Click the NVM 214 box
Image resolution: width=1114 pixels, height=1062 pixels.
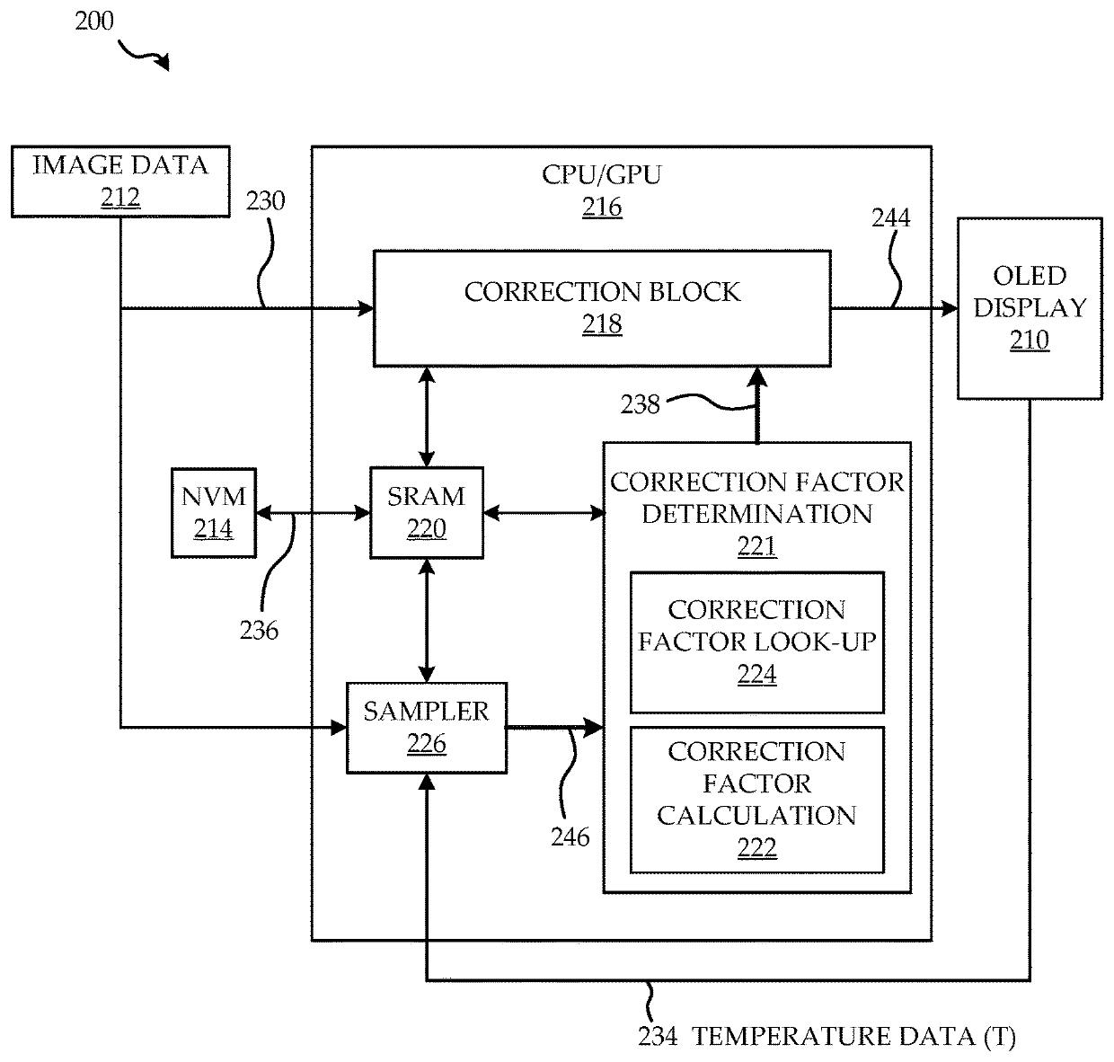[214, 513]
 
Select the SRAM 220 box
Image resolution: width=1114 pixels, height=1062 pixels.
[427, 513]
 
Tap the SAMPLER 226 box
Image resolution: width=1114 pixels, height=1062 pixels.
[427, 728]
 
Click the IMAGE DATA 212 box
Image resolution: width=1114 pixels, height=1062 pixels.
[120, 181]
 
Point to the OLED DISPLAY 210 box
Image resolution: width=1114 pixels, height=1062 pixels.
[1030, 308]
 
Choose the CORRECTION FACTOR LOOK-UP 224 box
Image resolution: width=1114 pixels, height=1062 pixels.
[757, 642]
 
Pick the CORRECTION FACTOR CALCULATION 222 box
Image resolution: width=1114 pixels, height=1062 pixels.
[757, 800]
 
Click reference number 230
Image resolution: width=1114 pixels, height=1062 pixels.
[265, 200]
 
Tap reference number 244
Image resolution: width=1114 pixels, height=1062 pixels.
[890, 217]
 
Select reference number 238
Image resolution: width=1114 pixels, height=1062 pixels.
[640, 404]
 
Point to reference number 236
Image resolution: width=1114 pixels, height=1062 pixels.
[259, 630]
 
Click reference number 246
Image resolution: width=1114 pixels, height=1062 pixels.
[570, 836]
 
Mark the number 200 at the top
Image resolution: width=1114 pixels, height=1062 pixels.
[94, 22]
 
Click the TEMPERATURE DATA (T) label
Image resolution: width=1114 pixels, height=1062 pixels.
[853, 1037]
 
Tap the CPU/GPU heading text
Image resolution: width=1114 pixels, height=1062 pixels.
[601, 174]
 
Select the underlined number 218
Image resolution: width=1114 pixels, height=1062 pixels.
[602, 324]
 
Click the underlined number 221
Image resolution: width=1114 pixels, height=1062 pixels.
[757, 545]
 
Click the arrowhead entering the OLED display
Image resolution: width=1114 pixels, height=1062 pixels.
[950, 308]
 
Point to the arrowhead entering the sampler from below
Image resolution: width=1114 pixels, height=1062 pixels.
[426, 782]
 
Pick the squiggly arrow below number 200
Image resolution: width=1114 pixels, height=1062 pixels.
[143, 56]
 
